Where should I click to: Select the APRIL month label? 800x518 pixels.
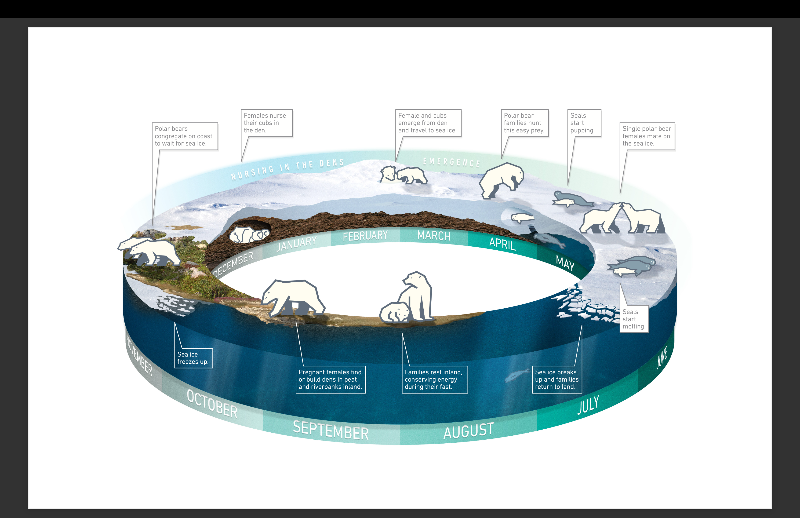(x=502, y=243)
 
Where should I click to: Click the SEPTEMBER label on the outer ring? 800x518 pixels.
(x=331, y=430)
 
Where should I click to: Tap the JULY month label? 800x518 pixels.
(x=588, y=405)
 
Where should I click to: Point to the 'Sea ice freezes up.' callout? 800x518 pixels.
(x=193, y=358)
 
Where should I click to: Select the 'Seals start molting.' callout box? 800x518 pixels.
(x=634, y=319)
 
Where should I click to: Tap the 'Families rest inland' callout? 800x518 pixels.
(x=434, y=379)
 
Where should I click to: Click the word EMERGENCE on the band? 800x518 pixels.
(x=451, y=162)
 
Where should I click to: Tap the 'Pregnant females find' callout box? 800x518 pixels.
(x=331, y=379)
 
